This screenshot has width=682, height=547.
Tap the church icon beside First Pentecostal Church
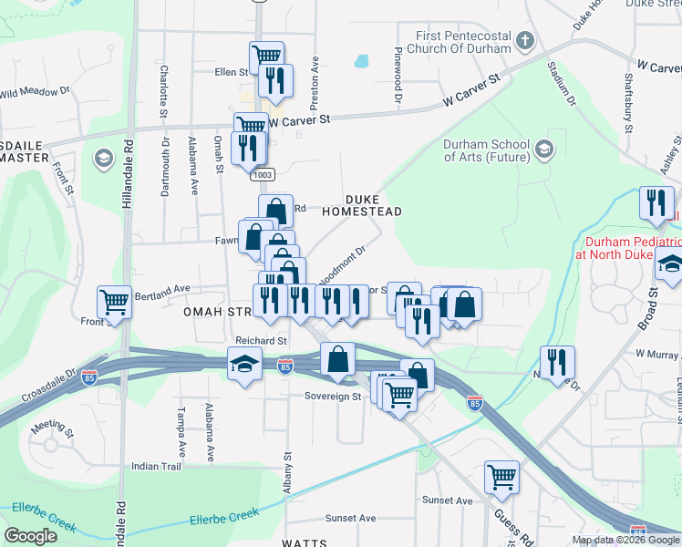(524, 41)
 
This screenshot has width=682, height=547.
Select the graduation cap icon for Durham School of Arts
(544, 149)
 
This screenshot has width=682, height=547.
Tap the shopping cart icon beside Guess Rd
(501, 475)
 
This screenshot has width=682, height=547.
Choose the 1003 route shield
(263, 173)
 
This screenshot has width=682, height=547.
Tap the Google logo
(30, 536)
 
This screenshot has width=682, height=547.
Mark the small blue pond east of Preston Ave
(362, 62)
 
